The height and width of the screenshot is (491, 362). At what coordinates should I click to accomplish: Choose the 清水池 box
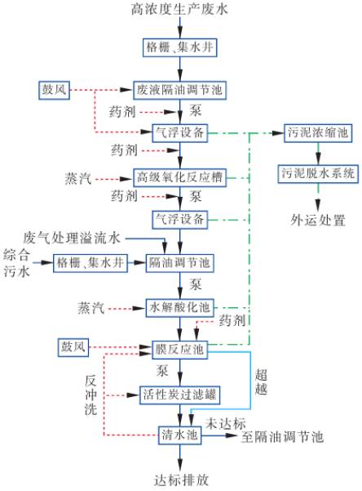(x=180, y=435)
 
